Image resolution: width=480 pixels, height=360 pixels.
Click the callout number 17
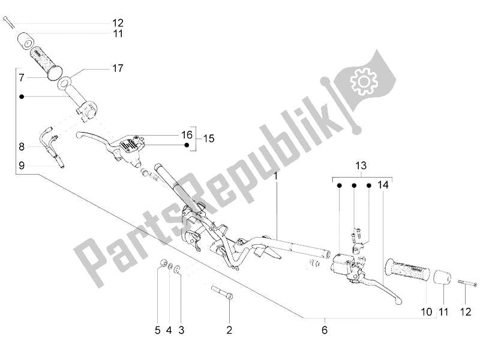point(118,68)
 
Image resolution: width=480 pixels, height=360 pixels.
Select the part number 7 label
point(21,77)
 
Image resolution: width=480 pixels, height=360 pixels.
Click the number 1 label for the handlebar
point(277,177)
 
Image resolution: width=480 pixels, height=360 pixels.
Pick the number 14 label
point(383,186)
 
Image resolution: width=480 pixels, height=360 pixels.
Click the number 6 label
point(325,329)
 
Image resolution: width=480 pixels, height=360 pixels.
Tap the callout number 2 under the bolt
point(229,329)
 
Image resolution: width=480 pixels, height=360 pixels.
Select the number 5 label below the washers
point(158,329)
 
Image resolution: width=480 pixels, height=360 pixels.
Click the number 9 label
point(21,166)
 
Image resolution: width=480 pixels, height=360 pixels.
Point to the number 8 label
point(21,146)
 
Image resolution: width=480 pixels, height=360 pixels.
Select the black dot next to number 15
point(187,145)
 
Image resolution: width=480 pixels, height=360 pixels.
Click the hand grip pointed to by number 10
point(406,269)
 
